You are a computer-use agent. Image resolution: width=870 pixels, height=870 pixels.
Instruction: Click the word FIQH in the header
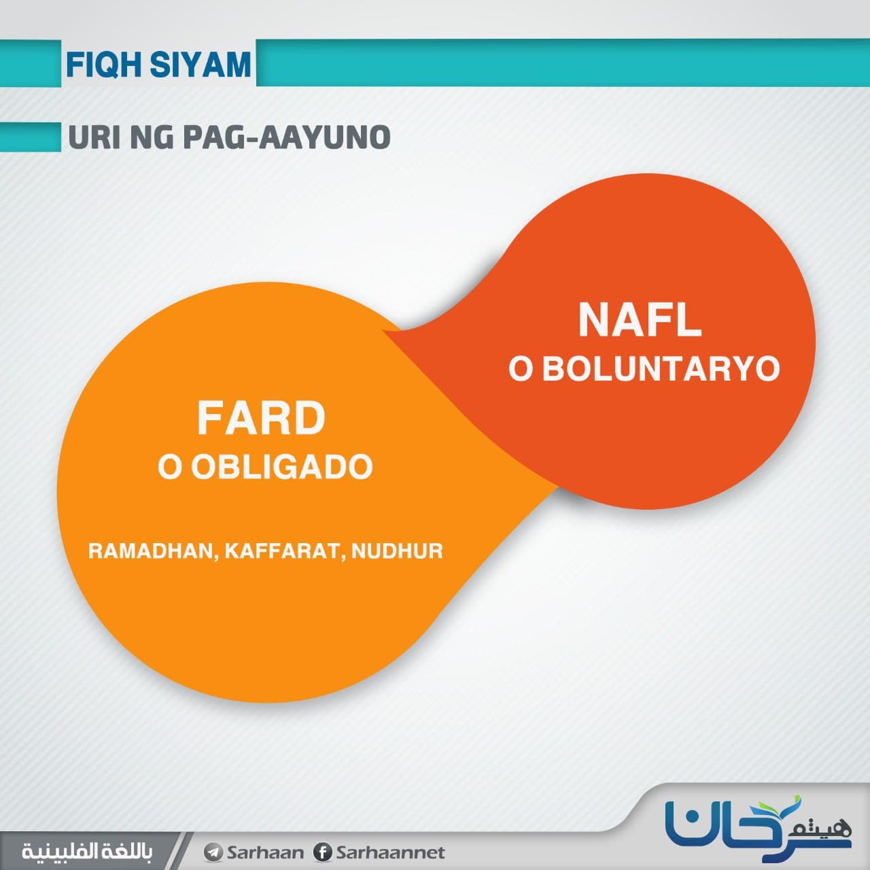coord(105,65)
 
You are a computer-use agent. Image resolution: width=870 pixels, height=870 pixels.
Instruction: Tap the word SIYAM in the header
coord(201,65)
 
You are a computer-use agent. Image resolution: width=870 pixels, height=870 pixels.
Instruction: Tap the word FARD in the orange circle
coord(261,418)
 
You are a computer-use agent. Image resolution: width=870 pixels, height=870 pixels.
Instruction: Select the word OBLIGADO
coord(281,466)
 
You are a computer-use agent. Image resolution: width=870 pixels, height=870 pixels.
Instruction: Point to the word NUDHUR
coord(397,551)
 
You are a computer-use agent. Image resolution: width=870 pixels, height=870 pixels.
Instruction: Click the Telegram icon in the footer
coord(213,852)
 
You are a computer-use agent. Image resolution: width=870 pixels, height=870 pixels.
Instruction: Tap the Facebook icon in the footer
coord(322,852)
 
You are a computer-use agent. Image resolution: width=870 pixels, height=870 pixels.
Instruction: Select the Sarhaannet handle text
coord(390,852)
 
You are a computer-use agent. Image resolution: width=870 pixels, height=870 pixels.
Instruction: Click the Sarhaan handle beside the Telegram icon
coord(264,852)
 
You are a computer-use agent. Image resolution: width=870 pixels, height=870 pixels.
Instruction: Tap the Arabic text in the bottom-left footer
coord(87,852)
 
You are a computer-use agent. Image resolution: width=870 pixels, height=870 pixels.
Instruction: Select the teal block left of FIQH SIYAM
coord(31,63)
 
